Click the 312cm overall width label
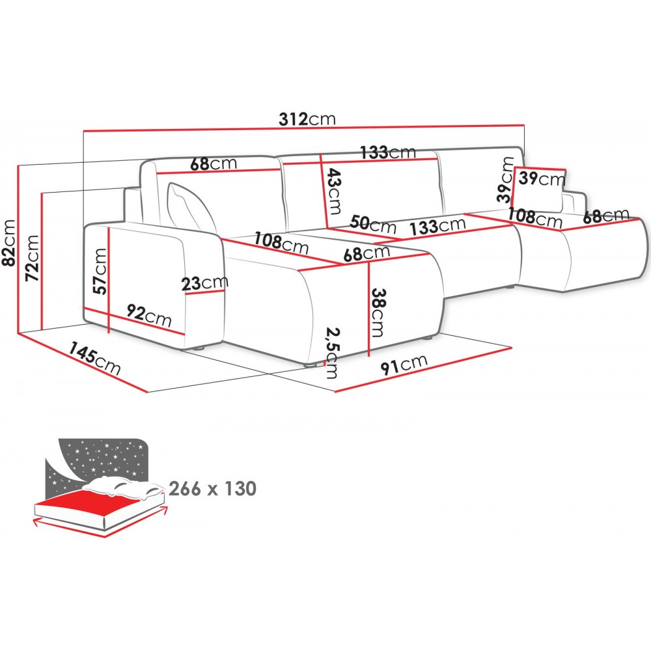tap(307, 118)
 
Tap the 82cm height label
tap(9, 242)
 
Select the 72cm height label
tap(32, 258)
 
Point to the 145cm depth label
tap(94, 357)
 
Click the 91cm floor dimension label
tap(404, 364)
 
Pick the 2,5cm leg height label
tap(332, 353)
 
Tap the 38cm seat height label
tap(378, 312)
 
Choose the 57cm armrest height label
tap(100, 271)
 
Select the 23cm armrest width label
tap(204, 284)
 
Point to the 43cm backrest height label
tap(333, 191)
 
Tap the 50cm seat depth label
tap(373, 224)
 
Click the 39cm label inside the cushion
tap(542, 178)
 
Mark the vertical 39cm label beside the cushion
tap(506, 180)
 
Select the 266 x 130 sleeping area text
tap(213, 489)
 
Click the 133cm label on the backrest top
tap(388, 152)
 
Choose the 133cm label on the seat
tap(437, 225)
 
